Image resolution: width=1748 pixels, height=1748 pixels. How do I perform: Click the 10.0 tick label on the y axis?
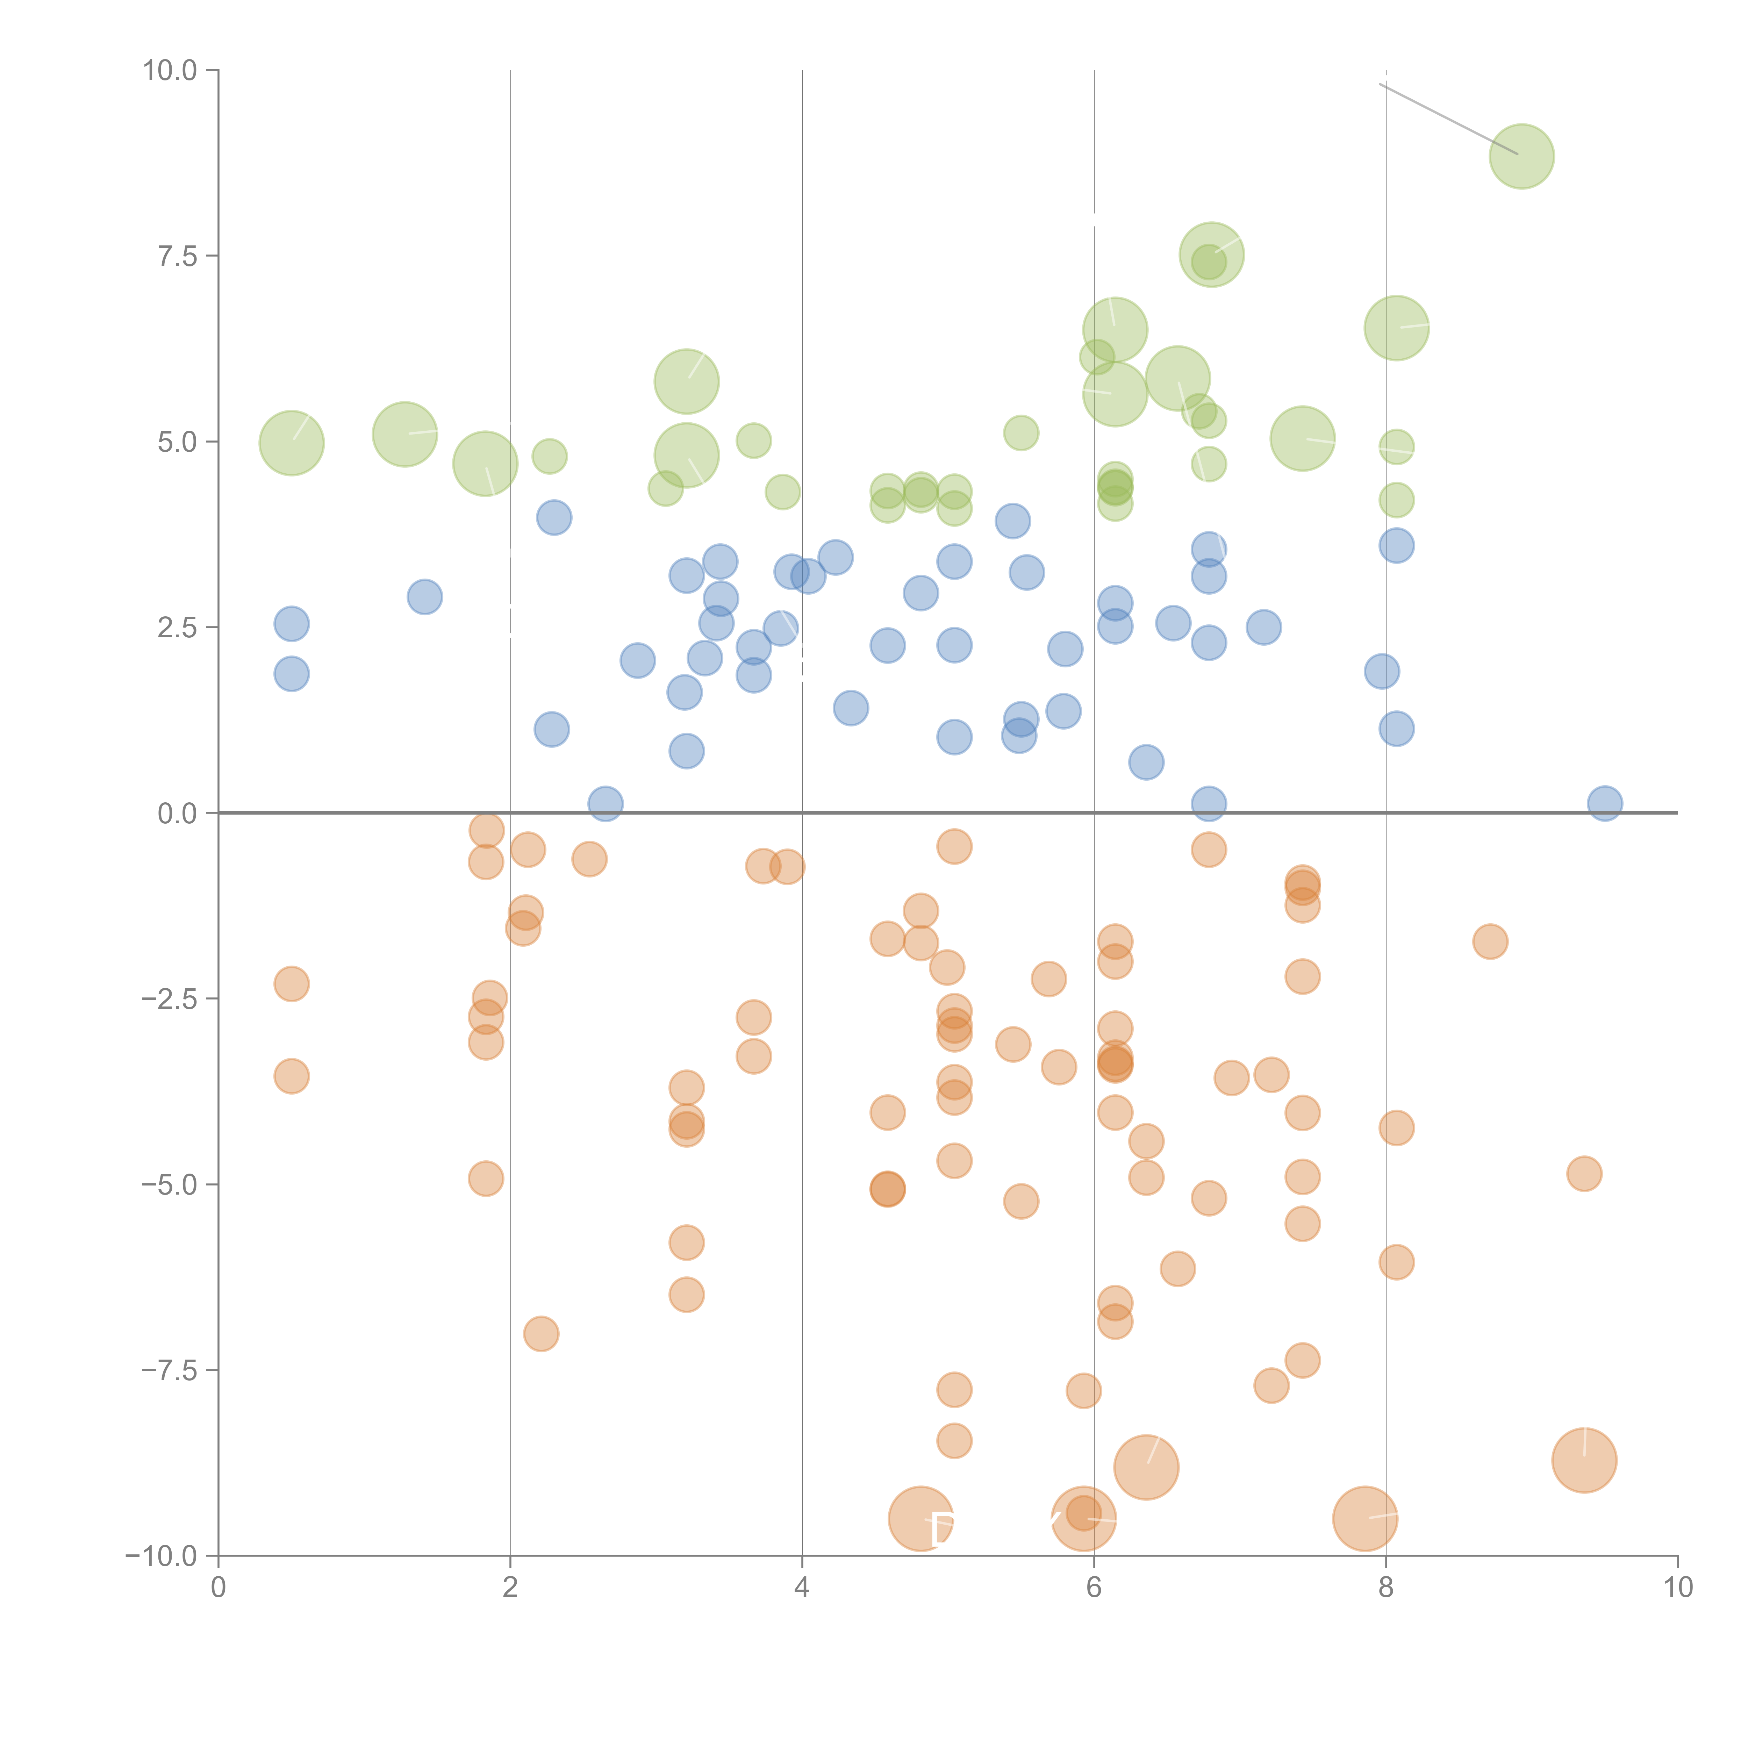tap(169, 71)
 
